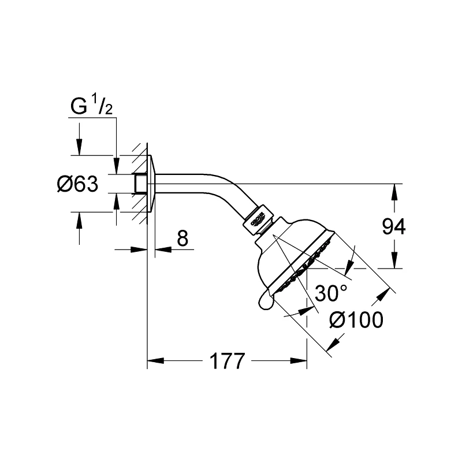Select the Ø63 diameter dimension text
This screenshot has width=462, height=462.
[x=77, y=184]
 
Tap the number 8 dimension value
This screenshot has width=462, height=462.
[x=182, y=237]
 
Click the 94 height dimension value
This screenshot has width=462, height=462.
[x=394, y=227]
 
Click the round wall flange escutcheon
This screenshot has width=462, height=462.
[x=151, y=184]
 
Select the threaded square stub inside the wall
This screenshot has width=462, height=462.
[x=139, y=184]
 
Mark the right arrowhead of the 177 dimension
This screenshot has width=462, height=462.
[x=300, y=362]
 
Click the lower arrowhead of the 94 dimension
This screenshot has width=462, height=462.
[x=394, y=263]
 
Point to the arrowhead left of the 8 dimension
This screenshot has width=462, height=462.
[x=141, y=249]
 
